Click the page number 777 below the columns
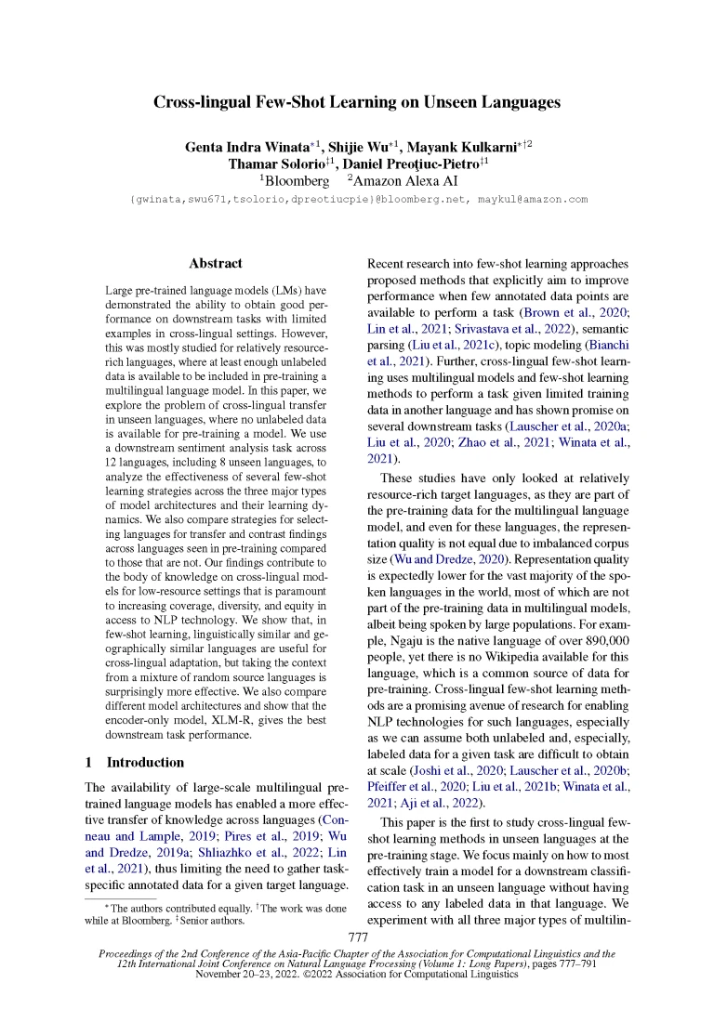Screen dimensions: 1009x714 click(358, 938)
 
